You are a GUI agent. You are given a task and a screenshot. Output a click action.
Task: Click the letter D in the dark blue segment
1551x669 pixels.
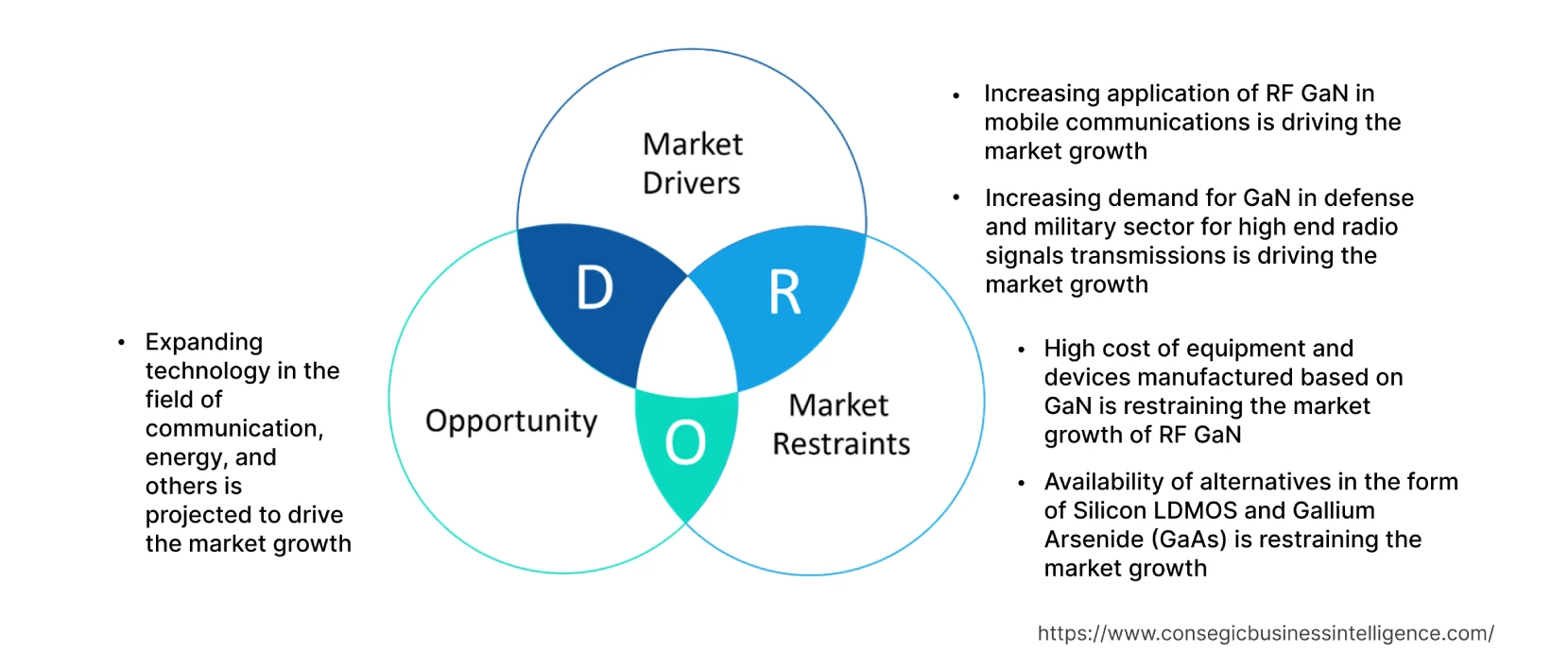tap(595, 287)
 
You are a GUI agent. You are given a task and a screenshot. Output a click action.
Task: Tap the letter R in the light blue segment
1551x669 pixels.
tap(784, 292)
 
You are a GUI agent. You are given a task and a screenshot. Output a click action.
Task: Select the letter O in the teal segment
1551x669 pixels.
tap(685, 442)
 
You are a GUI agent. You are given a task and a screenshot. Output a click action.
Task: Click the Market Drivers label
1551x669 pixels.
tap(692, 163)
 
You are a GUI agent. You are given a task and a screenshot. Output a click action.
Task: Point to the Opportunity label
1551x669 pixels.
tap(511, 420)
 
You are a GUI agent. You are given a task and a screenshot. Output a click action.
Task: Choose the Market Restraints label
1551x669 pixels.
tap(840, 424)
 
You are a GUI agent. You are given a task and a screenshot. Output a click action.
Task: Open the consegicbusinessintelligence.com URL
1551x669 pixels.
tap(1266, 633)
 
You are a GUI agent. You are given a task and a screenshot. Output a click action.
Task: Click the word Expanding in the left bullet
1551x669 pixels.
tap(204, 342)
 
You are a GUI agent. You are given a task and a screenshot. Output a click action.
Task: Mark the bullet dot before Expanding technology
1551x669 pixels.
tap(122, 343)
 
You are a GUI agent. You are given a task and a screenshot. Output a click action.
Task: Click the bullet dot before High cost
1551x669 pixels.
tap(1021, 350)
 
